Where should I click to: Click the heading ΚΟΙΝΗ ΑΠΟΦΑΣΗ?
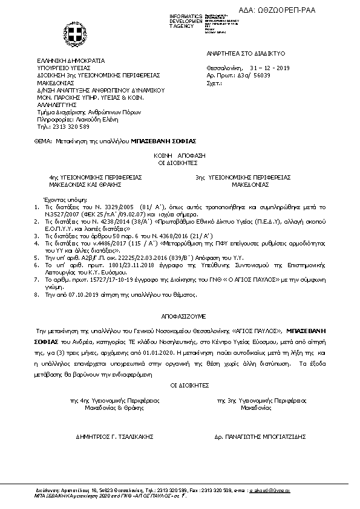180,155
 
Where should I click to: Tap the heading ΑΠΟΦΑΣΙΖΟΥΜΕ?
180,316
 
